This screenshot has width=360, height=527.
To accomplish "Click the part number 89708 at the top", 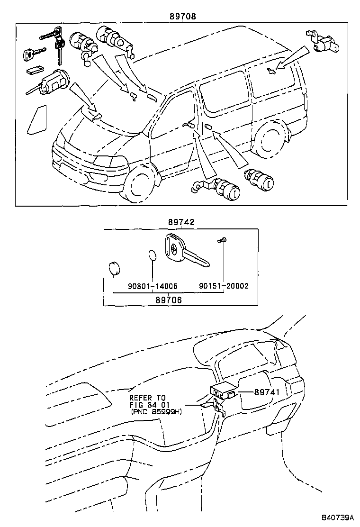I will point(183,16).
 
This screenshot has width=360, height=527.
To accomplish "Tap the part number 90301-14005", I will point(153,286).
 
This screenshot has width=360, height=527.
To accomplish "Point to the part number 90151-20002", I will point(224,286).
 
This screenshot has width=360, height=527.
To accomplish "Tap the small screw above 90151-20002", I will point(222,241).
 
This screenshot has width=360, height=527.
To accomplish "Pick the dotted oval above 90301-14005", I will point(153,255).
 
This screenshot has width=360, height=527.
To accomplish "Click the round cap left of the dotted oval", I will point(114,269).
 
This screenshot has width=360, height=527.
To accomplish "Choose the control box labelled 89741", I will point(224,391).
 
